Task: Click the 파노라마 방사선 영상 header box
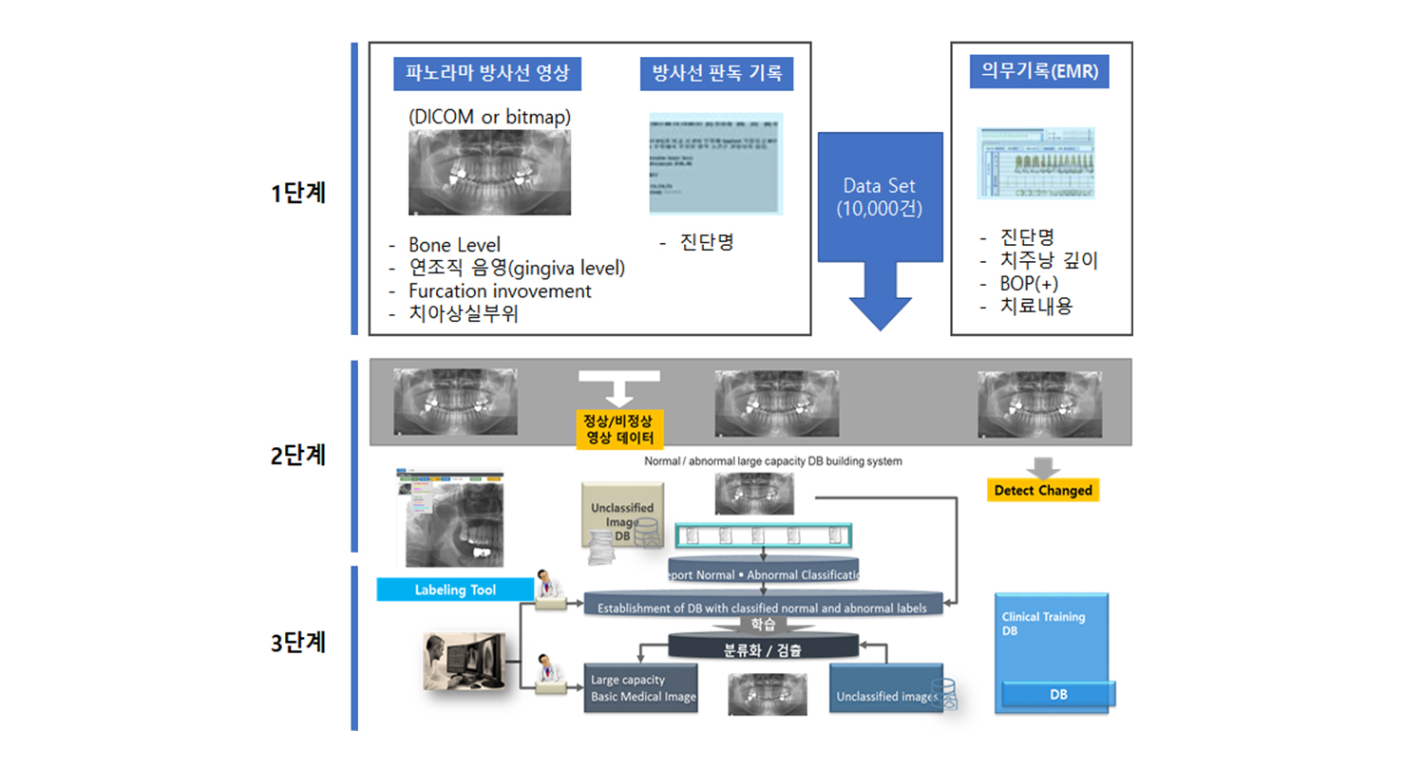tap(486, 73)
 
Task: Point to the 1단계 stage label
tap(297, 193)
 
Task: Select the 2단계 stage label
tap(297, 455)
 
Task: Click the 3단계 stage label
tap(297, 642)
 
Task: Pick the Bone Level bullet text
tap(454, 246)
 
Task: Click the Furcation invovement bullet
tap(500, 291)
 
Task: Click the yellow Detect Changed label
tap(1043, 491)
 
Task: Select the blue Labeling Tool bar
tap(455, 590)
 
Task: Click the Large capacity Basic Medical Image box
tap(640, 688)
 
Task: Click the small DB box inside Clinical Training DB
tap(1058, 694)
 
